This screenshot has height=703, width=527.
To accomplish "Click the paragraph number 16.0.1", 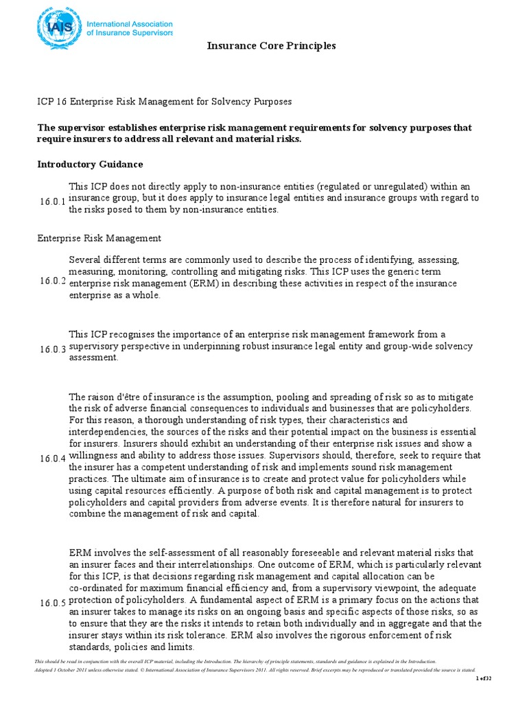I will point(52,201).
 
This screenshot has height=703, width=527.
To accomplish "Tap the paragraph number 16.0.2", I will point(52,281).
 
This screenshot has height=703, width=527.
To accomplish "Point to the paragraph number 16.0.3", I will point(52,349).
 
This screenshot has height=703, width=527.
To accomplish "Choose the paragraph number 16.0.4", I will point(52,457).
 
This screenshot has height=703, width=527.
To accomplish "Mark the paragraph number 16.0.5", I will point(52,603).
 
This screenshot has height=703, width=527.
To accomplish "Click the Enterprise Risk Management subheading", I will point(99,238).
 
